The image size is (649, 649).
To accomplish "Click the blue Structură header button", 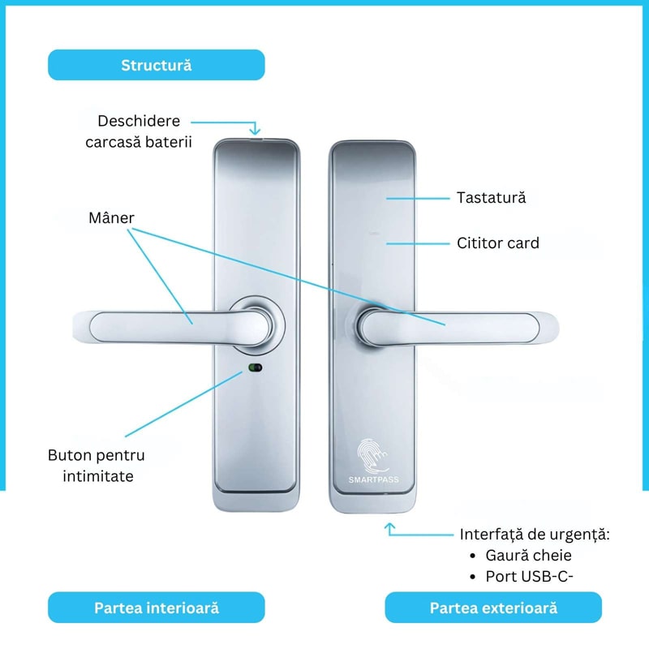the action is pyautogui.click(x=157, y=65).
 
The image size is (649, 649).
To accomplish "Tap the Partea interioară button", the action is pyautogui.click(x=157, y=608).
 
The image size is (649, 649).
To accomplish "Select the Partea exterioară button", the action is pyautogui.click(x=493, y=608).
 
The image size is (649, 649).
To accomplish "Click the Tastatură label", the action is pyautogui.click(x=492, y=197).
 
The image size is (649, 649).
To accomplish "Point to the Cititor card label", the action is pyautogui.click(x=498, y=243).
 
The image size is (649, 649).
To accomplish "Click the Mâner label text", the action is pyautogui.click(x=111, y=217).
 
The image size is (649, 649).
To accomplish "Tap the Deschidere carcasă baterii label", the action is pyautogui.click(x=139, y=131).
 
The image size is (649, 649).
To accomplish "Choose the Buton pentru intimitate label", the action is pyautogui.click(x=97, y=466).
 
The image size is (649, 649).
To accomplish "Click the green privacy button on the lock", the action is pyautogui.click(x=255, y=367).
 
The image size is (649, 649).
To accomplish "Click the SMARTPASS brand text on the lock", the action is pyautogui.click(x=374, y=479).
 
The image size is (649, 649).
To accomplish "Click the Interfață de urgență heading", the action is pyautogui.click(x=535, y=535).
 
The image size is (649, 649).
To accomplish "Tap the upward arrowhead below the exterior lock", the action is pyautogui.click(x=389, y=527).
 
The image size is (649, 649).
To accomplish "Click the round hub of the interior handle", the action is pyautogui.click(x=257, y=325).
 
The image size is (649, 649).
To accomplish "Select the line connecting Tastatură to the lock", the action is pyautogui.click(x=418, y=199).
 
